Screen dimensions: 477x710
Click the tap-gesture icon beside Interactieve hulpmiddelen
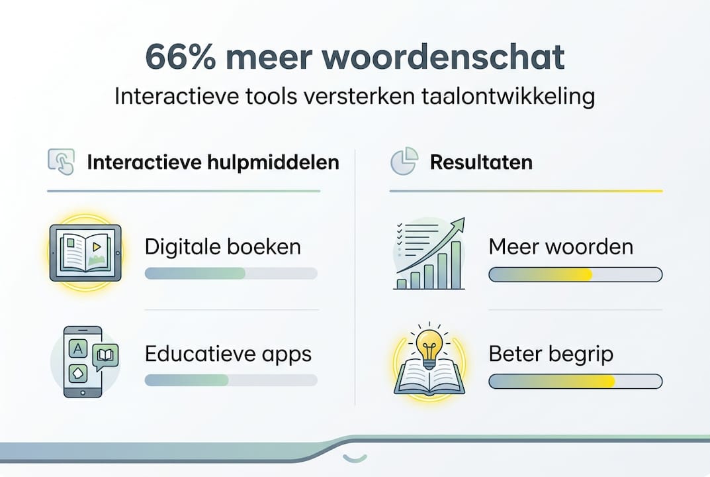(x=61, y=162)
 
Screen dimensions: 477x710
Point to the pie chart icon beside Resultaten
(x=403, y=162)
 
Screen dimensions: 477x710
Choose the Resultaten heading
(x=481, y=162)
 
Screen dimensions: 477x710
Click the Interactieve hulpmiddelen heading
(x=213, y=162)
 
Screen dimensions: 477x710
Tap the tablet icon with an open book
(x=85, y=252)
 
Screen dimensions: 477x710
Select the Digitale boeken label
(x=222, y=247)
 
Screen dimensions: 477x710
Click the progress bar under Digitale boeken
(x=230, y=273)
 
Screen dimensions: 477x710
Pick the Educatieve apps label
(x=228, y=354)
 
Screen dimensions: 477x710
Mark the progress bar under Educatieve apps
(x=230, y=380)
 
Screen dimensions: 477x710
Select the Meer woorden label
(x=560, y=247)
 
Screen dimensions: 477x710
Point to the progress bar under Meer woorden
(x=575, y=274)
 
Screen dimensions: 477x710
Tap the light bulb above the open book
(x=429, y=345)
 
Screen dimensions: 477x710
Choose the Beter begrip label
(x=551, y=354)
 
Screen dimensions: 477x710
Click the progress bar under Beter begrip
(x=575, y=381)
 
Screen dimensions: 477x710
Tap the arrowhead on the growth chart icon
(x=457, y=225)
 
